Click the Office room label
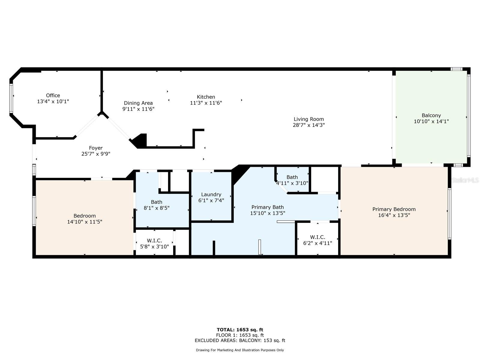pyautogui.click(x=53, y=95)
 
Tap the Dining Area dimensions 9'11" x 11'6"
pyautogui.click(x=138, y=109)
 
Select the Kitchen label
pyautogui.click(x=206, y=97)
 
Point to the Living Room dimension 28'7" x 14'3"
pyautogui.click(x=309, y=125)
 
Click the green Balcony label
pyautogui.click(x=431, y=115)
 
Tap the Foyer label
pyautogui.click(x=96, y=148)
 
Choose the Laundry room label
pyautogui.click(x=211, y=194)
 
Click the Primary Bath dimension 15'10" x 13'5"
pyautogui.click(x=267, y=213)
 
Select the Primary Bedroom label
pyautogui.click(x=394, y=209)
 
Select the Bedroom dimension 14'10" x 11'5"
pyautogui.click(x=85, y=222)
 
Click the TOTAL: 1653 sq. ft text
pyautogui.click(x=240, y=330)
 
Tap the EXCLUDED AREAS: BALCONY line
pyautogui.click(x=240, y=340)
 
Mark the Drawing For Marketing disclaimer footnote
pyautogui.click(x=240, y=350)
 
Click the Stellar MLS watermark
pyautogui.click(x=465, y=180)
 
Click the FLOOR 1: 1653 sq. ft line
pyautogui.click(x=240, y=335)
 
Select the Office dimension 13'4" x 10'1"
pyautogui.click(x=53, y=101)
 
